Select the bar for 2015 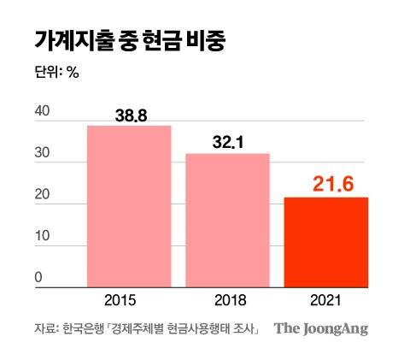tap(129, 205)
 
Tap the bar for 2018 tap(228, 220)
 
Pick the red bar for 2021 tap(325, 242)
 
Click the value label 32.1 tap(228, 142)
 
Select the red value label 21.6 tap(325, 182)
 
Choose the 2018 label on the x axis tap(228, 300)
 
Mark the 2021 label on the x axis tap(325, 300)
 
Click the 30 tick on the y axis tap(41, 153)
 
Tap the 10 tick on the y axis tap(41, 237)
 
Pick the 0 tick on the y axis tap(38, 277)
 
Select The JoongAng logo tap(321, 328)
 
